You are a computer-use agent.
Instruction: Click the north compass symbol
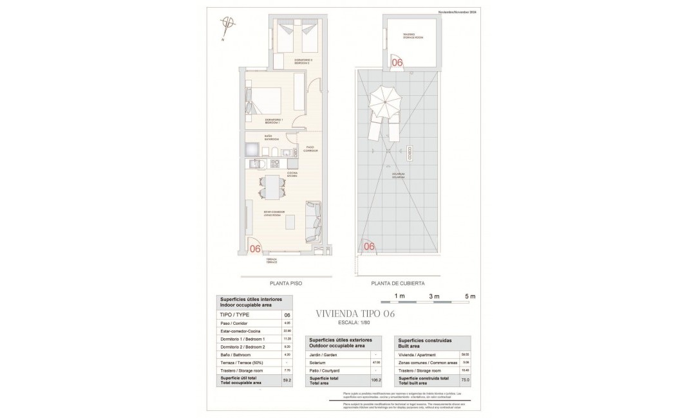coord(226,24)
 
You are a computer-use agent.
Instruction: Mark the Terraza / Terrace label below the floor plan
coord(272,260)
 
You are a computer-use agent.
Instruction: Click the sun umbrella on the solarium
coord(385,100)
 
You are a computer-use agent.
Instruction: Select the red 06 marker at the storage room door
coord(397,62)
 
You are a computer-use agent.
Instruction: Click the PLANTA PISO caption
coord(286,283)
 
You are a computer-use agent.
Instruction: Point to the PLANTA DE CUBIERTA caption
coord(398,283)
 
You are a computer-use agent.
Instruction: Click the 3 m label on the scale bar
coord(434,296)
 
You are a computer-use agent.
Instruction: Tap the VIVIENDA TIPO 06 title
coord(355,314)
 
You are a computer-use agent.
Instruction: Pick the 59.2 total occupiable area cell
coord(287,381)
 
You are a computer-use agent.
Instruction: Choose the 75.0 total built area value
coord(465,381)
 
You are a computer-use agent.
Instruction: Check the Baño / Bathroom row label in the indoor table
coord(236,354)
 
